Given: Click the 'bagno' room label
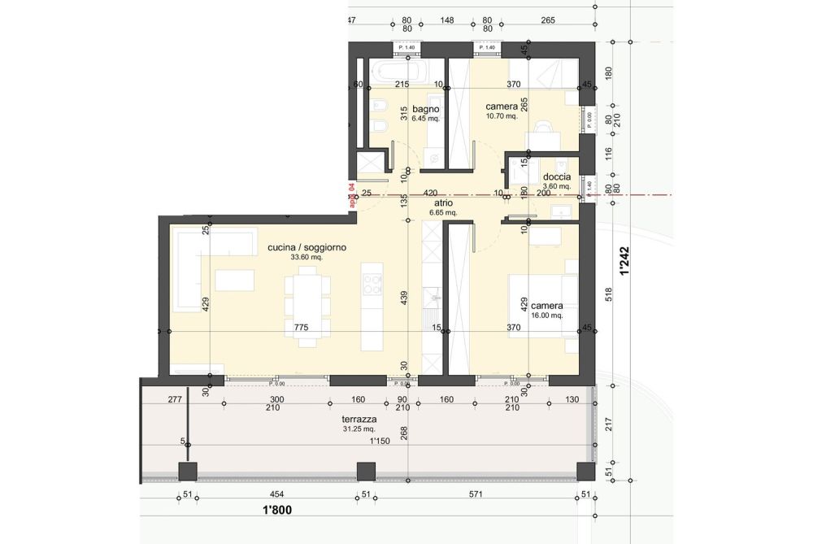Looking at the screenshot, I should [x=425, y=108].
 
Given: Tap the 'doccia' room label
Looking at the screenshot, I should [x=557, y=176].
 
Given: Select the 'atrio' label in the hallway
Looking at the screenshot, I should [x=443, y=204].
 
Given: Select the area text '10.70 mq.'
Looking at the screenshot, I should [x=502, y=116].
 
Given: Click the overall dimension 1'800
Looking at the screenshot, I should [x=277, y=511].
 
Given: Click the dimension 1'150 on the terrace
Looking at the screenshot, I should [x=380, y=441].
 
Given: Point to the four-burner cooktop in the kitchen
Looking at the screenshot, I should [x=372, y=285].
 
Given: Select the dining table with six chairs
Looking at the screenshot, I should [x=307, y=307].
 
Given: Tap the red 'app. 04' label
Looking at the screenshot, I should [x=351, y=198].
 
